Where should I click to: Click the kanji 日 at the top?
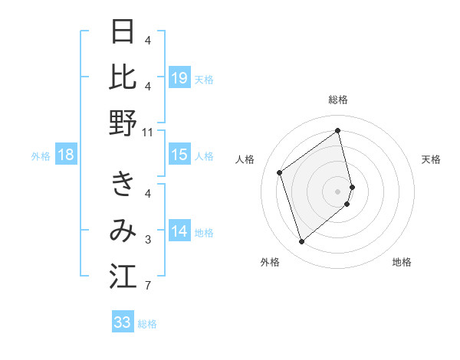(123, 32)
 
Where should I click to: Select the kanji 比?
(123, 77)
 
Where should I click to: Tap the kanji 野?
(123, 123)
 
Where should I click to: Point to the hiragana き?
(123, 185)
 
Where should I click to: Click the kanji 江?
(123, 277)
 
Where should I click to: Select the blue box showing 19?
(179, 77)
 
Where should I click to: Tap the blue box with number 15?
(179, 155)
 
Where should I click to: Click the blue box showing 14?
(179, 231)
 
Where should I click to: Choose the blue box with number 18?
(66, 155)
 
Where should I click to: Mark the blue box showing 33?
(123, 322)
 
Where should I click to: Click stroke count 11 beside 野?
(148, 133)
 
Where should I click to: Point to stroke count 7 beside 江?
(148, 286)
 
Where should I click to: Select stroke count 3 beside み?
(148, 241)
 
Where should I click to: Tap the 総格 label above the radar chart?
(338, 100)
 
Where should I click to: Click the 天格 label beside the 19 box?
(204, 79)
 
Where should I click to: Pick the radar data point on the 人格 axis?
(280, 173)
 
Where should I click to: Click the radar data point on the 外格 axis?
(301, 242)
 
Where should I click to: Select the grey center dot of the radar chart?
(338, 189)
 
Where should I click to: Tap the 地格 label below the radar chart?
(402, 263)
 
